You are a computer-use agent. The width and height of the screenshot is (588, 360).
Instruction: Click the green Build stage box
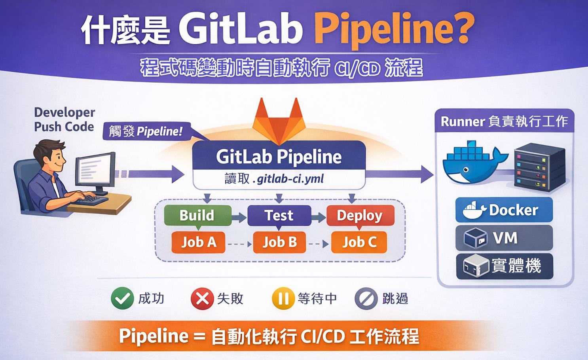(198, 216)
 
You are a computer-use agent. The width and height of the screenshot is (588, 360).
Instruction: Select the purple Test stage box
(279, 216)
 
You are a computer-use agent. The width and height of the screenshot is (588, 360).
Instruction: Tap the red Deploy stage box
(360, 216)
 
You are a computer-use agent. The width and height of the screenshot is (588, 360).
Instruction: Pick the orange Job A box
(199, 242)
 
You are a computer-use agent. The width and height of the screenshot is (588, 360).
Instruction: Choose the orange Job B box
(280, 242)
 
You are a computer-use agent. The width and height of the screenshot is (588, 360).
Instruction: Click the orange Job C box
(359, 242)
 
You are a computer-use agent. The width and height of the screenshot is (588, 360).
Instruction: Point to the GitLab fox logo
(279, 121)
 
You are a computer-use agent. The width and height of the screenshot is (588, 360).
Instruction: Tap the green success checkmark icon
(122, 298)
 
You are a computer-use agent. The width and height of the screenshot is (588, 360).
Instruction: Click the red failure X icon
(202, 299)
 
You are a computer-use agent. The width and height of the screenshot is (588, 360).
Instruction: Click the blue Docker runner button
(504, 210)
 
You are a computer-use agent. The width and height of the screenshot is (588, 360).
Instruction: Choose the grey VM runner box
(504, 238)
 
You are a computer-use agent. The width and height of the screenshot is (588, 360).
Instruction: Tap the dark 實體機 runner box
(505, 266)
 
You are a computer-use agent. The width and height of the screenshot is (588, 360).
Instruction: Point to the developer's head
(50, 155)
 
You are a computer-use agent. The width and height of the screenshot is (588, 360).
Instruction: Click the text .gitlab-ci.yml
(288, 179)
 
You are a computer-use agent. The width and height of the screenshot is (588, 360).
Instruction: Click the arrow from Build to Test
(239, 217)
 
